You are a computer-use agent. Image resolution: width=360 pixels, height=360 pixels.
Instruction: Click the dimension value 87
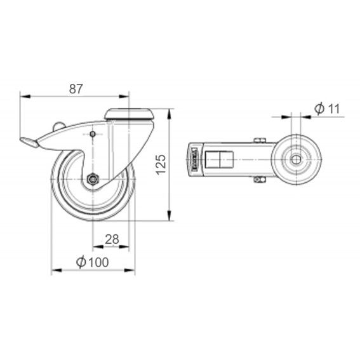tap(76, 89)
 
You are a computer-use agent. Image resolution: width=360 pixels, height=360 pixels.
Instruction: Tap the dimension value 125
tap(161, 164)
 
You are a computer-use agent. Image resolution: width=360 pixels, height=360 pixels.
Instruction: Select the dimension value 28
tap(112, 239)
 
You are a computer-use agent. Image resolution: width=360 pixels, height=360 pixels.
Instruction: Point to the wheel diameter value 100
tap(98, 262)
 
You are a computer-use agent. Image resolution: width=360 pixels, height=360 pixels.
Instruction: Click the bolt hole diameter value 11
tap(333, 109)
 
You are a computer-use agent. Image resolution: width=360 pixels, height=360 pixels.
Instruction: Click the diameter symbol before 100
tap(81, 262)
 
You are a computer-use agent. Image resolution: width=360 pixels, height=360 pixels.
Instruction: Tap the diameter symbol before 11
tap(319, 109)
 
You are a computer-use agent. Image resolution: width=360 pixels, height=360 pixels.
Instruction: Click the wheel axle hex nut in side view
tap(93, 179)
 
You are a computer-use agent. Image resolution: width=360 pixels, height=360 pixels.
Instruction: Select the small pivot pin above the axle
tap(93, 134)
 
